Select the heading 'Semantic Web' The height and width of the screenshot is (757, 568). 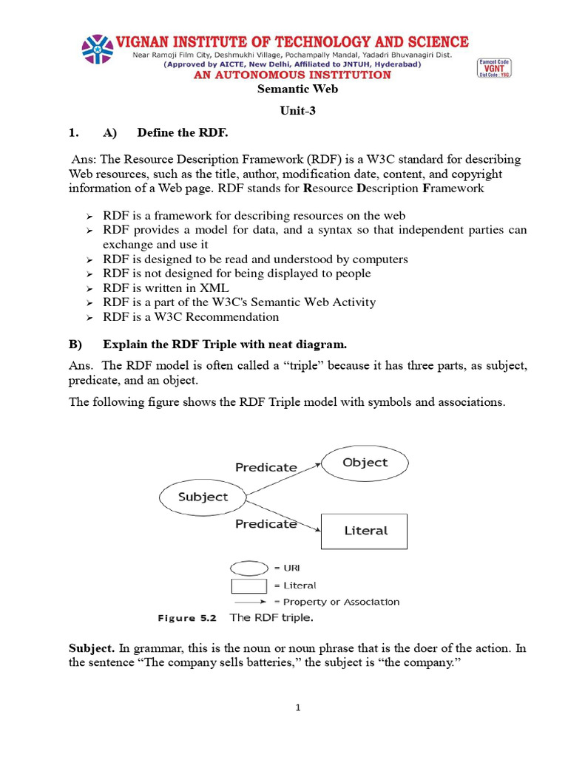coord(288,89)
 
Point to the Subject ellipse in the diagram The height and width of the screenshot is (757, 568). coord(203,497)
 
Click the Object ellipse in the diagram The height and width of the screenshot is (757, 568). coord(365,463)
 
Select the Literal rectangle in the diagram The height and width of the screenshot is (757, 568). coord(365,531)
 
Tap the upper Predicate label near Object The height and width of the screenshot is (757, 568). coord(266,467)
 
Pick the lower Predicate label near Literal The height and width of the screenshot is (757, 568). coord(266,523)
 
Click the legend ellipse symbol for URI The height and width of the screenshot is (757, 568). coord(249,568)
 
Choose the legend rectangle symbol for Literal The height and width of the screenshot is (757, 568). coord(249,585)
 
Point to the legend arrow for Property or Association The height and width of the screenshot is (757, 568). coord(250,602)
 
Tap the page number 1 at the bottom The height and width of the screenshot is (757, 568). coord(297,707)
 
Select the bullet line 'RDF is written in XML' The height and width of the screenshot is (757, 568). coord(166,288)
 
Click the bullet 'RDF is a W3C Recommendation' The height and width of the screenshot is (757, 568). coord(191,316)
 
